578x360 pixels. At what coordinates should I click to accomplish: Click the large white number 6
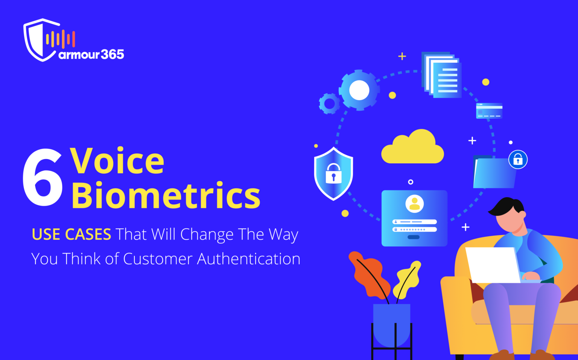pyautogui.click(x=43, y=177)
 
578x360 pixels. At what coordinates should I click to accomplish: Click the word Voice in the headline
pyautogui.click(x=117, y=161)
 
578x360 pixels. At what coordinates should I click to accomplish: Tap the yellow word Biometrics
pyautogui.click(x=166, y=196)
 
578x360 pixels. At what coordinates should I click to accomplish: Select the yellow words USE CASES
pyautogui.click(x=71, y=234)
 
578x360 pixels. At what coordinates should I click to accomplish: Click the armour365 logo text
pyautogui.click(x=91, y=55)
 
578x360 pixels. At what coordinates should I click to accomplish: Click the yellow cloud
pyautogui.click(x=412, y=148)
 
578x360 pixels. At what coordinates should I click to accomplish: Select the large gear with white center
pyautogui.click(x=359, y=90)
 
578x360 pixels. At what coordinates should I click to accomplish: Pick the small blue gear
pyautogui.click(x=329, y=103)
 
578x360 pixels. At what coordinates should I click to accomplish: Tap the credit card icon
pyautogui.click(x=489, y=111)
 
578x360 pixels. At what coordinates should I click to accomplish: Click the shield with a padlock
pyautogui.click(x=333, y=173)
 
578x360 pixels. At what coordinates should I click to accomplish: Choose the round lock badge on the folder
pyautogui.click(x=518, y=159)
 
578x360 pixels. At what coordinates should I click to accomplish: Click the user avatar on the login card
pyautogui.click(x=414, y=204)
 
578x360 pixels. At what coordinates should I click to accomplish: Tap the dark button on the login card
pyautogui.click(x=414, y=237)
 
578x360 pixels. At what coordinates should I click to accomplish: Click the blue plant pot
pyautogui.click(x=391, y=324)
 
